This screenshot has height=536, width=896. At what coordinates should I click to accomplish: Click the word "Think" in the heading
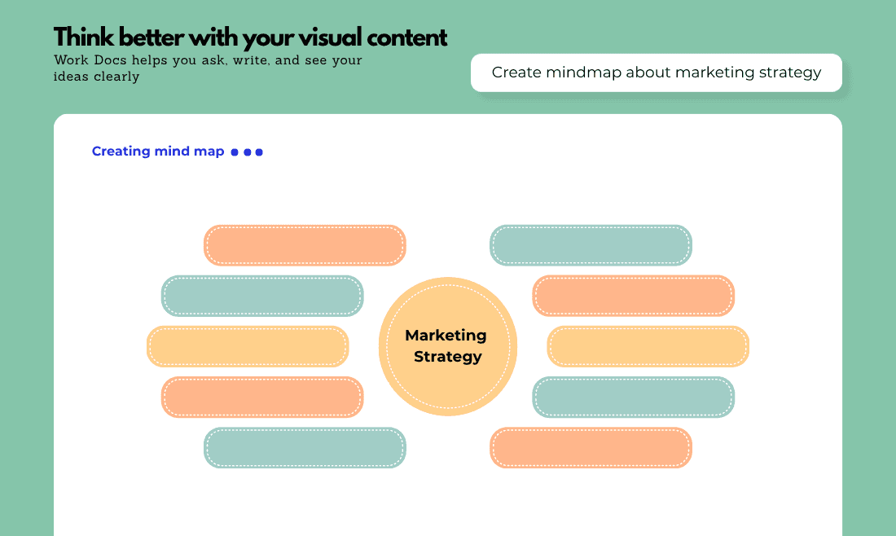(83, 37)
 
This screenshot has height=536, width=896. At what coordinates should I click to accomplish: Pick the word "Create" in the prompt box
(516, 72)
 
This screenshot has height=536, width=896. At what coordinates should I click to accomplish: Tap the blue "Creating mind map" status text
(158, 152)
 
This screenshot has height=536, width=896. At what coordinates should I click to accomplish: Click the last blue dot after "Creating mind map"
(259, 152)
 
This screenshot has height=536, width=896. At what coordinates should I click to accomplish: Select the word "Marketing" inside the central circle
(446, 336)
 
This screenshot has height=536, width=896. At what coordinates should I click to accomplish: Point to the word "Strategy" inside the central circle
(448, 357)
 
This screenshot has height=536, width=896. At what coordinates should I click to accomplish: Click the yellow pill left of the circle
(248, 346)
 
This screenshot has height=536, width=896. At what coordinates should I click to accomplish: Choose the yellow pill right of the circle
(648, 346)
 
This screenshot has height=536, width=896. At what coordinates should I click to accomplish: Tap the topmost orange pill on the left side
(305, 245)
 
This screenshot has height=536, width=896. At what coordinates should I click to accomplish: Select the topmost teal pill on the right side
(591, 245)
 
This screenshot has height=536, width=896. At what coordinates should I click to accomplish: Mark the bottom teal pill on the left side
(305, 447)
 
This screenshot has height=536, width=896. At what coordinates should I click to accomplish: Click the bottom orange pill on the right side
(591, 447)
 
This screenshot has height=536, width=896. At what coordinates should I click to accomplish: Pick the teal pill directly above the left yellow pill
(262, 296)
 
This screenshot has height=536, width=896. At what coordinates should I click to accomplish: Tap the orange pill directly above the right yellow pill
(634, 296)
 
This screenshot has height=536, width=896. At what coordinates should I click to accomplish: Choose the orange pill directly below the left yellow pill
(262, 398)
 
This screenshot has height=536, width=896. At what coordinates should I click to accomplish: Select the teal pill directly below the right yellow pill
(634, 398)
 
